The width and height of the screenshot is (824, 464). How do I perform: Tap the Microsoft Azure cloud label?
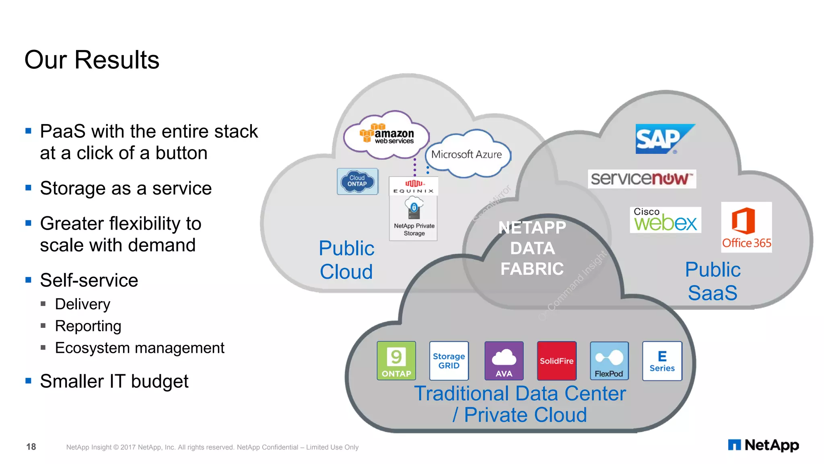[467, 154]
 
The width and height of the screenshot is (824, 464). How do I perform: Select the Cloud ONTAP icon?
[357, 181]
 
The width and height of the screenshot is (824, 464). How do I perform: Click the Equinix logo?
[414, 187]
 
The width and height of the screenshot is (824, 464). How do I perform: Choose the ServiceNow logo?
[642, 179]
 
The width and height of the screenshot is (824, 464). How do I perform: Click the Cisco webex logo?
[665, 220]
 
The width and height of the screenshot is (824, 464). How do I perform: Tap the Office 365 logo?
[746, 227]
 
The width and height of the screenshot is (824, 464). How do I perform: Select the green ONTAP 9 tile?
[396, 360]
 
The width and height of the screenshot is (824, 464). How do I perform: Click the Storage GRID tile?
[449, 360]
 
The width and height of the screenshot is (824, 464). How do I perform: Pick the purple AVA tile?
[504, 360]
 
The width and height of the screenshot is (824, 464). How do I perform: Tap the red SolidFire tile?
[556, 360]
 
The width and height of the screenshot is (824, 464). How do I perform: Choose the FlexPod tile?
[609, 360]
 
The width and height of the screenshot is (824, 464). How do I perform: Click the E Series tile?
[662, 360]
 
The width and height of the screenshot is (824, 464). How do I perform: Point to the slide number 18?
[31, 447]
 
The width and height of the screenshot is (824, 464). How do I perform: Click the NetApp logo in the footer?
[763, 445]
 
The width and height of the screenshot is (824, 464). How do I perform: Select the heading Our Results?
[92, 60]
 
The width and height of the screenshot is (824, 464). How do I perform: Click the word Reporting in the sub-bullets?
[88, 326]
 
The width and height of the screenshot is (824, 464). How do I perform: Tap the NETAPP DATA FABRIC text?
[532, 248]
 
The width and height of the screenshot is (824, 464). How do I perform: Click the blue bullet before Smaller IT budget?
[28, 381]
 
